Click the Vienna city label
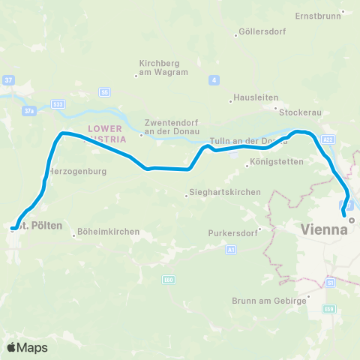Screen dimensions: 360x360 [324, 229]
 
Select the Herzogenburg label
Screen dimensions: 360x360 [77, 171]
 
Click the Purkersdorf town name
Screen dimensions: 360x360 [233, 232]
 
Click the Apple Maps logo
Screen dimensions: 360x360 [27, 347]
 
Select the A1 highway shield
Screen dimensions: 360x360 [231, 249]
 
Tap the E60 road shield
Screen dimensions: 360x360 [167, 279]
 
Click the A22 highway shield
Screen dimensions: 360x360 [328, 139]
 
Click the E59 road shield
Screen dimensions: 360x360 [328, 308]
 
